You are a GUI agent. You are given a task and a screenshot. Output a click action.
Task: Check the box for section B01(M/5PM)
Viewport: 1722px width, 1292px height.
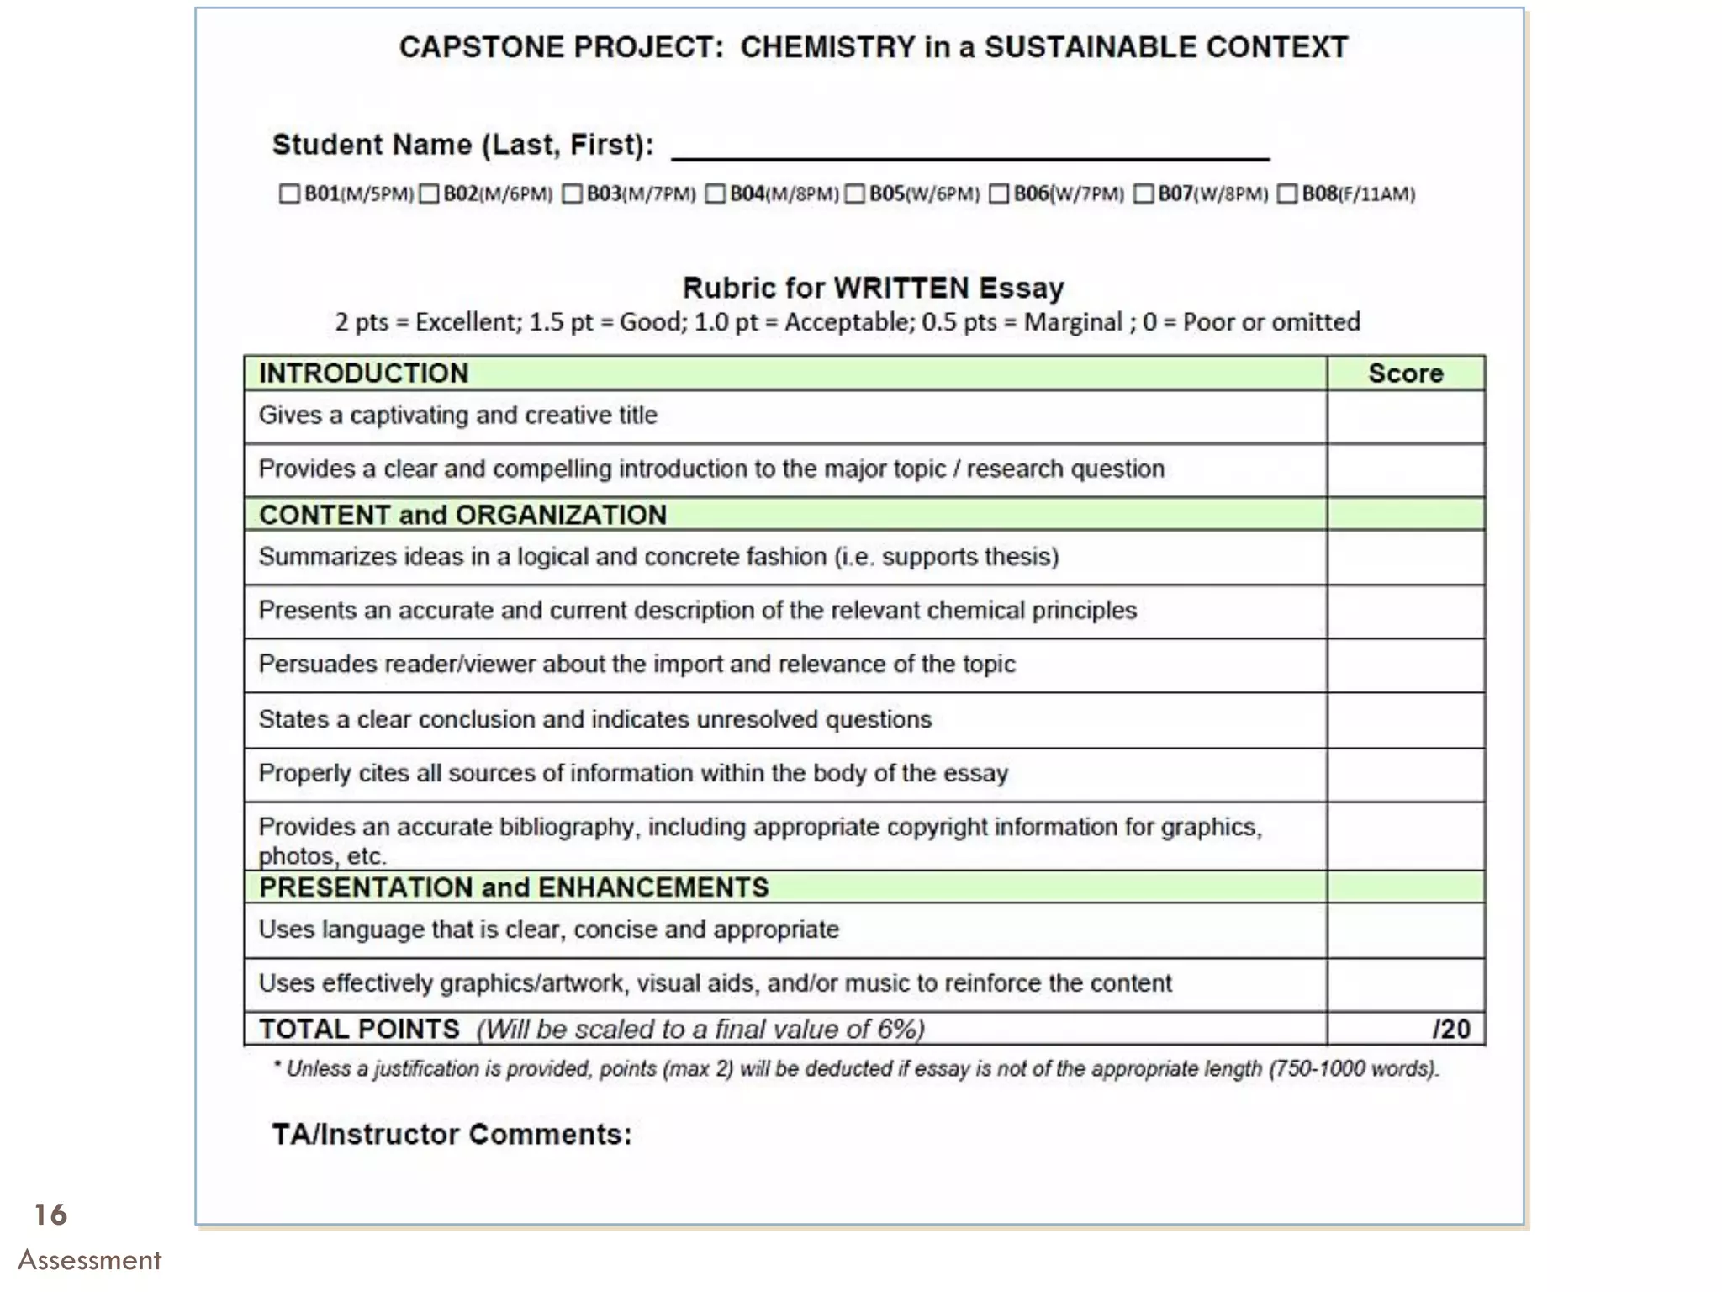pos(289,194)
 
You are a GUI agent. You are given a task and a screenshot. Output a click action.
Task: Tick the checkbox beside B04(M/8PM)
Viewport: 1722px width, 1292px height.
pos(716,194)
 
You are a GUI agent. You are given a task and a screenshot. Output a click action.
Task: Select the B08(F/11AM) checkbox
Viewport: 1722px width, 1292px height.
pos(1287,194)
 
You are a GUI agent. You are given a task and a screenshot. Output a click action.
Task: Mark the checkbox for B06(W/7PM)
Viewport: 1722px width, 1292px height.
pos(999,194)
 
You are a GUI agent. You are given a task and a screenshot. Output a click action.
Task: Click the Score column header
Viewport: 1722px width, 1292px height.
pos(1405,373)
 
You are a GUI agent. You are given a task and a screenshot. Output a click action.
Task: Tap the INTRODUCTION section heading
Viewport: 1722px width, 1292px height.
pos(363,373)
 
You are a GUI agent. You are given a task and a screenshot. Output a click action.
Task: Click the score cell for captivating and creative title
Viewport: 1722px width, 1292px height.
pos(1405,417)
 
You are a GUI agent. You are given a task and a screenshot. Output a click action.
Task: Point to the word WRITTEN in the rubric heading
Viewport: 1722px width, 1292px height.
pos(901,289)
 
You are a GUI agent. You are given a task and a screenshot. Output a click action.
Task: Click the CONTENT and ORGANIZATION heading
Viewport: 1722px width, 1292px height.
pos(462,515)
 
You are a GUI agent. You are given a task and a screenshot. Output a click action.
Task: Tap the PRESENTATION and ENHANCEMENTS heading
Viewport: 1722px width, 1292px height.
pos(514,887)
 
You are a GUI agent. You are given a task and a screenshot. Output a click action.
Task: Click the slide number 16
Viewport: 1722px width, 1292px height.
pos(50,1215)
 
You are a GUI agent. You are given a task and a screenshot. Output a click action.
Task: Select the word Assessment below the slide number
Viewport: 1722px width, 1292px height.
pos(89,1260)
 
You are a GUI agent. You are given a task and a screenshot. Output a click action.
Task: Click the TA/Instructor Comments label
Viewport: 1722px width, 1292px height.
pos(452,1135)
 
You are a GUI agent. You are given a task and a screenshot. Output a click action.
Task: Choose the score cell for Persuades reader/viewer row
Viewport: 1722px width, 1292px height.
pos(1405,665)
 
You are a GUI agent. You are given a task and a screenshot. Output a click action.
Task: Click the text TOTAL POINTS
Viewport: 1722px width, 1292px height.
pos(359,1030)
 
